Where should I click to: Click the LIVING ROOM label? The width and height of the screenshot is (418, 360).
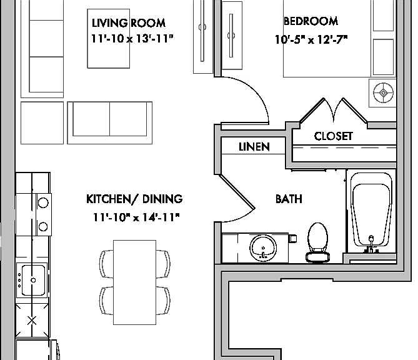[129, 23]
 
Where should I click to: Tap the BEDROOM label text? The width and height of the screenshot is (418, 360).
[311, 21]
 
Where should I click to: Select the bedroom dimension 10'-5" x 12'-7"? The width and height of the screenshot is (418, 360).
[311, 40]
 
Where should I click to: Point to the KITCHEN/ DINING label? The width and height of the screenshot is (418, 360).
[134, 199]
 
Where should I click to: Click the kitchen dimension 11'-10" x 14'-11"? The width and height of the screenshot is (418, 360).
[136, 217]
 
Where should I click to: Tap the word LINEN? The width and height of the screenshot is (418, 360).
[254, 147]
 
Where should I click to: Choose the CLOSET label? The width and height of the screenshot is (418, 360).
[333, 136]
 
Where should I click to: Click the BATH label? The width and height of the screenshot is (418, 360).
[289, 199]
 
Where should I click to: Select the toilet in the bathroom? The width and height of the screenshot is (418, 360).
[317, 242]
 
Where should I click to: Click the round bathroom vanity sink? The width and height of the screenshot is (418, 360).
[263, 248]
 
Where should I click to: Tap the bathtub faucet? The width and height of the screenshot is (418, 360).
[371, 244]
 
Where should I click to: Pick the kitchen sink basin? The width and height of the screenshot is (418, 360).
[33, 280]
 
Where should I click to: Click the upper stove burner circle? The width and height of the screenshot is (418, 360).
[43, 202]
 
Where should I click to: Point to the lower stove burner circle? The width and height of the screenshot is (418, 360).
[43, 227]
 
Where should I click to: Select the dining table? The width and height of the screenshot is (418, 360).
[134, 282]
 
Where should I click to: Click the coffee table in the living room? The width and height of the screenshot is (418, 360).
[109, 39]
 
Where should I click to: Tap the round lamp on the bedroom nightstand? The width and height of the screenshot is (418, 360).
[384, 92]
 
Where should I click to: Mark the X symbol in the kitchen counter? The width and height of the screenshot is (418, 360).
[32, 321]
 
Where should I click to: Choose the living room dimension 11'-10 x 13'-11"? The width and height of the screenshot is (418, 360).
[132, 39]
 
